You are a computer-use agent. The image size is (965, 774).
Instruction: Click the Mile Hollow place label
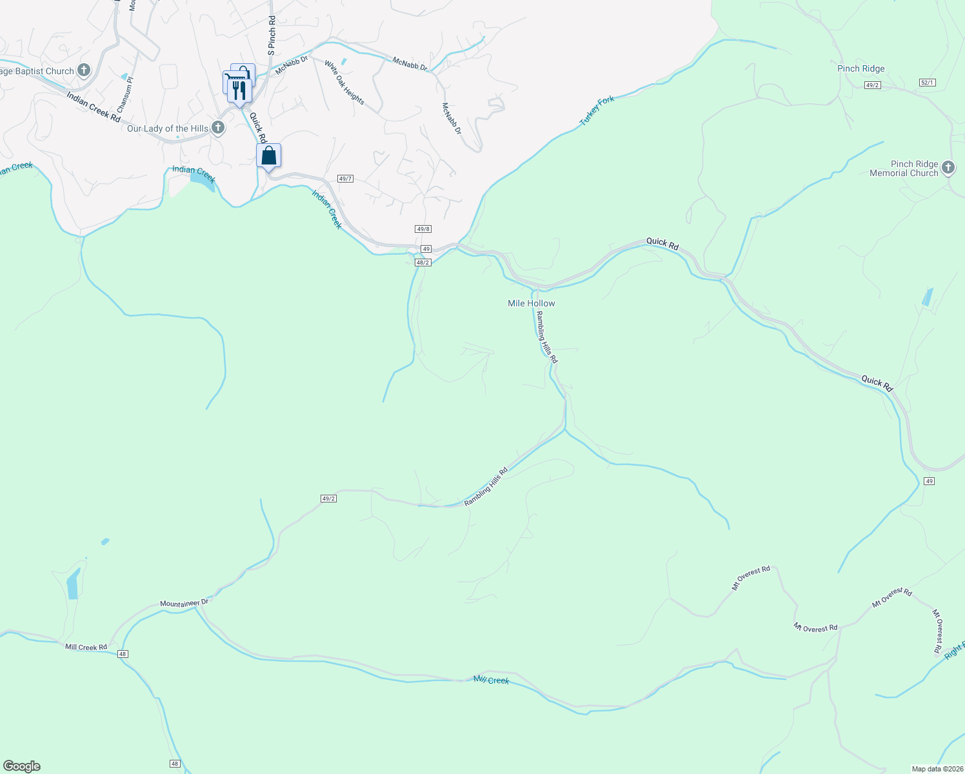pos(531,303)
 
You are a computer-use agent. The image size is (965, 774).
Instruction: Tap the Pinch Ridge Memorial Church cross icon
pos(948,168)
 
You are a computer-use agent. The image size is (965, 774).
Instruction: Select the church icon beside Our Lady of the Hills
pos(218,128)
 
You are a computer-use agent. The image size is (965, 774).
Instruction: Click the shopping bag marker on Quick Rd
pos(268,155)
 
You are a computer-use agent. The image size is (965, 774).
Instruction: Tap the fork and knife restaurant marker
pos(239,90)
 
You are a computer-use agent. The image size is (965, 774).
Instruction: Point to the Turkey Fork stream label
pos(597,110)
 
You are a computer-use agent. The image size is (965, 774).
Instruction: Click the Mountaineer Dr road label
pos(184,603)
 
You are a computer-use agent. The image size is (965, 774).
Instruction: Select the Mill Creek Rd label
pos(86,647)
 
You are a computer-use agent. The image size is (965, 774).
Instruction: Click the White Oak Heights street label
pos(344,83)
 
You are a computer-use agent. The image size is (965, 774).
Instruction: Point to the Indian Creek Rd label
pos(94,106)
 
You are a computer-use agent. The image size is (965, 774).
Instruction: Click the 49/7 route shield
pos(345,179)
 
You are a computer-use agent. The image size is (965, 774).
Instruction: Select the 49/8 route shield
pos(423,229)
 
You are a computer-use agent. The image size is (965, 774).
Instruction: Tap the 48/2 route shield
pos(423,263)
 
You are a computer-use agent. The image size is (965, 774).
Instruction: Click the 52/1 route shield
pos(927,83)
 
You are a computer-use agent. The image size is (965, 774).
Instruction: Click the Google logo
pos(22,766)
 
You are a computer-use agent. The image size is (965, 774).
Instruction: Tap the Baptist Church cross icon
pos(84,70)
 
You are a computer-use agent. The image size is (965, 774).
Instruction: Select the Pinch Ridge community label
pos(861,69)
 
